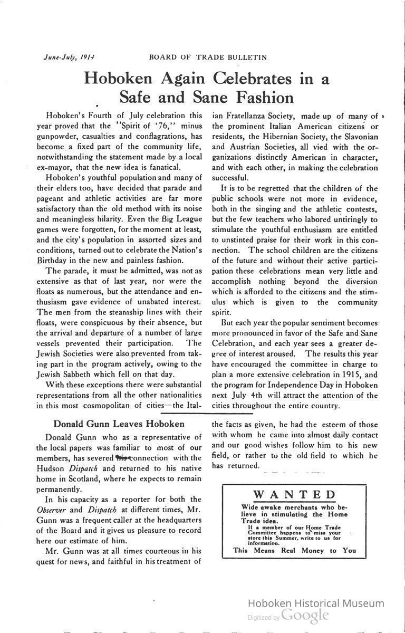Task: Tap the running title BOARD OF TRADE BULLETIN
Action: tap(208, 57)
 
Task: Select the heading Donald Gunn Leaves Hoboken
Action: tap(119, 424)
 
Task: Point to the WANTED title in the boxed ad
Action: tap(295, 494)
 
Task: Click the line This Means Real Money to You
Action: tap(295, 550)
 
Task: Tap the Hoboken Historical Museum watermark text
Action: tap(315, 603)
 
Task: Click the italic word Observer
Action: tap(53, 510)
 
